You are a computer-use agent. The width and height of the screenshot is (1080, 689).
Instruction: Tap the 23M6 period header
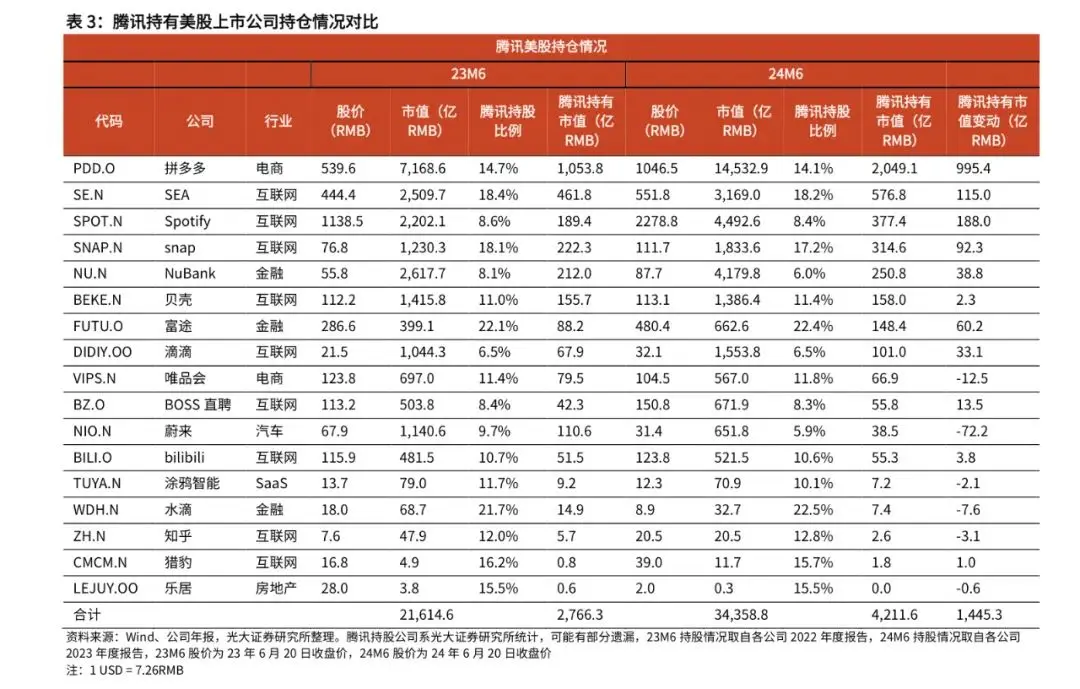468,74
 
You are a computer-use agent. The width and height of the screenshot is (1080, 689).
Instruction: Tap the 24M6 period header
785,74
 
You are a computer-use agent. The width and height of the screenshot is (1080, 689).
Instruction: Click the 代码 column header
109,121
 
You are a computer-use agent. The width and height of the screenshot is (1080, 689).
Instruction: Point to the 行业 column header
279,121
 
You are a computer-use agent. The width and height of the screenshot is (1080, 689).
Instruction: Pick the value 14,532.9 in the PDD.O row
742,169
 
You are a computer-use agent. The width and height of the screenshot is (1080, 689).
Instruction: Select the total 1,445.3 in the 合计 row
980,613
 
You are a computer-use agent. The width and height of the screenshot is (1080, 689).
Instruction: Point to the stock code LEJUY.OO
106,587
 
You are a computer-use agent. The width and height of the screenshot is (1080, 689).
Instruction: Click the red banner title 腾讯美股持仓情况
551,47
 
